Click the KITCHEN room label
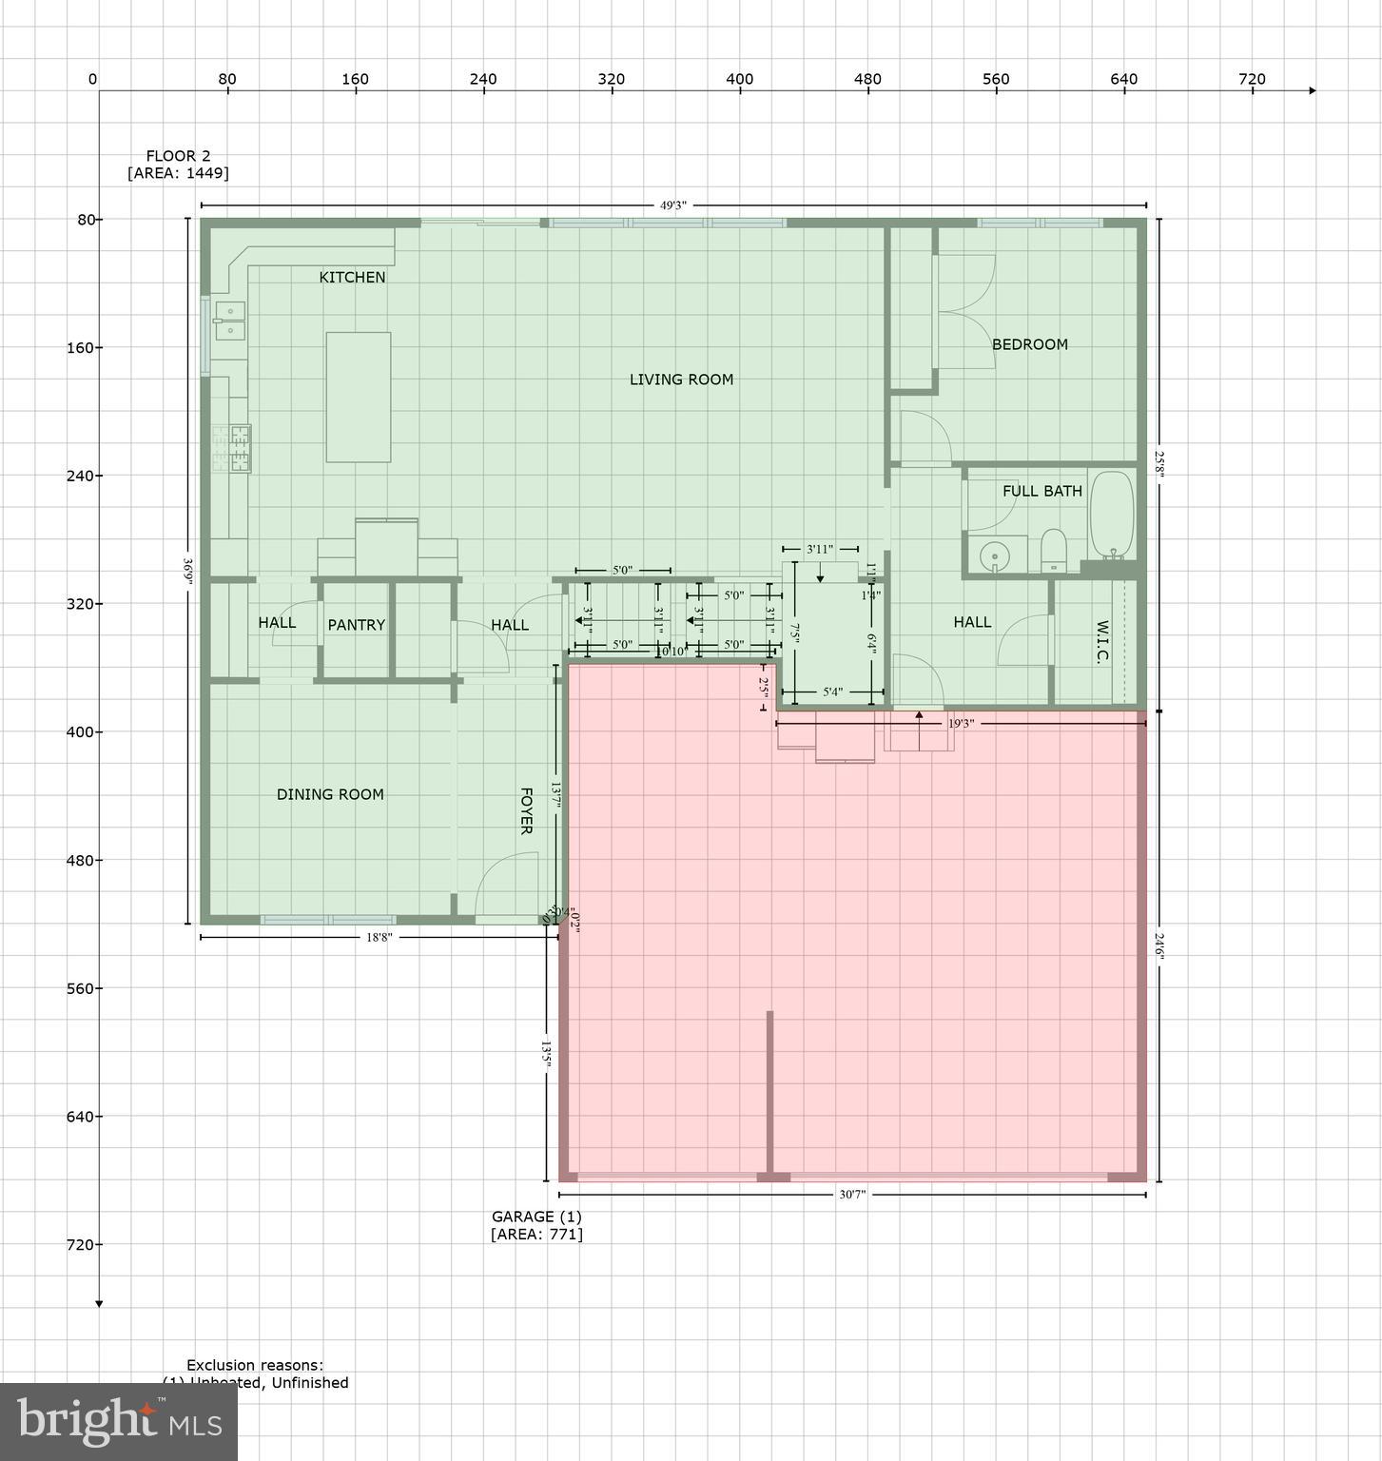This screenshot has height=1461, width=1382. coord(352,277)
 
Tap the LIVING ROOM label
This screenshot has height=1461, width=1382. coord(681,380)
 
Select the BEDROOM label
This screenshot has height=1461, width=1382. coord(1029,344)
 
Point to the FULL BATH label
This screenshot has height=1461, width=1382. coord(1041,491)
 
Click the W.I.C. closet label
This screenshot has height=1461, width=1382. coord(1102,643)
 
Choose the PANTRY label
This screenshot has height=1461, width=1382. coord(356,625)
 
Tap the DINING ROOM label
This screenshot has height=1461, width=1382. coord(330,794)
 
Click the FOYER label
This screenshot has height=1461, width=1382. coord(525,810)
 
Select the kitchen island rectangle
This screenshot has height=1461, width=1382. coord(358,397)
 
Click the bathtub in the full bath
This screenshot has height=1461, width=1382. coord(1111,515)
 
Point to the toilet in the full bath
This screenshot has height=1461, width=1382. coord(1054,551)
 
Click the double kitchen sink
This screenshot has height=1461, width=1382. coord(229,321)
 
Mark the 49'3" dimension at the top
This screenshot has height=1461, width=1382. coord(672,205)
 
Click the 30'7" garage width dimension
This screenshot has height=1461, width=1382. coord(852,1195)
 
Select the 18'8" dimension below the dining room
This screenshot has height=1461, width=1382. coord(379,938)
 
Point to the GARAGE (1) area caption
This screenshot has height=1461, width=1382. coord(536,1225)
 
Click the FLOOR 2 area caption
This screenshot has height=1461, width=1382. coord(178,165)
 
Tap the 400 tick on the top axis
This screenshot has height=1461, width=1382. coord(739,80)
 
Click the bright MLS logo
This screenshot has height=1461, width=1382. coord(119,1421)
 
